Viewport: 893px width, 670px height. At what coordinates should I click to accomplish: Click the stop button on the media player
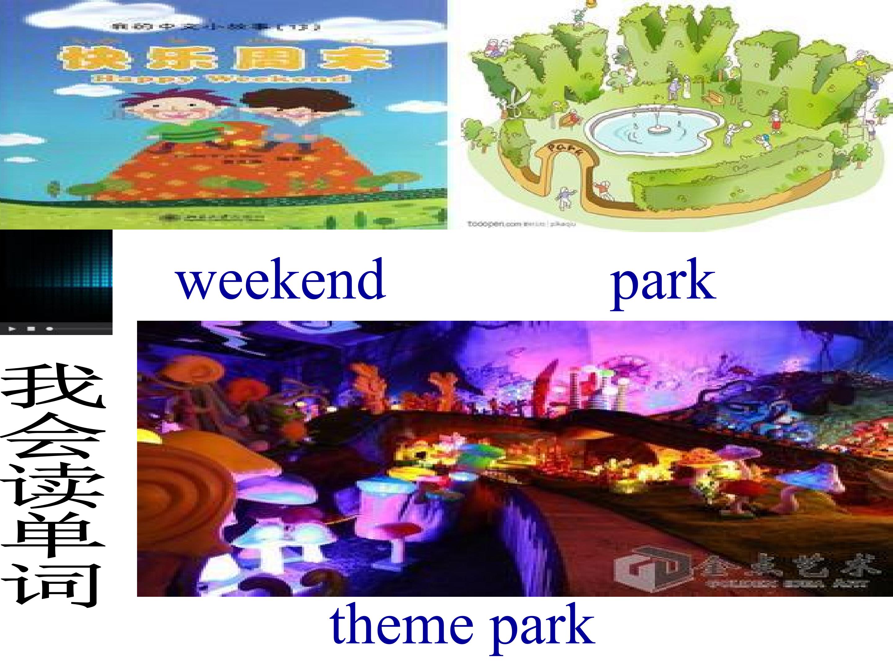31,329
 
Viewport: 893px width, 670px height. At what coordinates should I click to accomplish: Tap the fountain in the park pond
658,128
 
